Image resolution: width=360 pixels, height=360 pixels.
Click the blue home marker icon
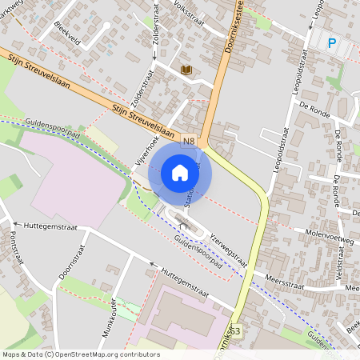coord(180,172)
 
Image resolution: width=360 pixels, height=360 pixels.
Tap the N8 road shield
coord(189,142)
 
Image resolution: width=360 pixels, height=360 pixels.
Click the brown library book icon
coord(186,70)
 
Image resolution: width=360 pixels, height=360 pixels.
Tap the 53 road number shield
coord(235,330)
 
